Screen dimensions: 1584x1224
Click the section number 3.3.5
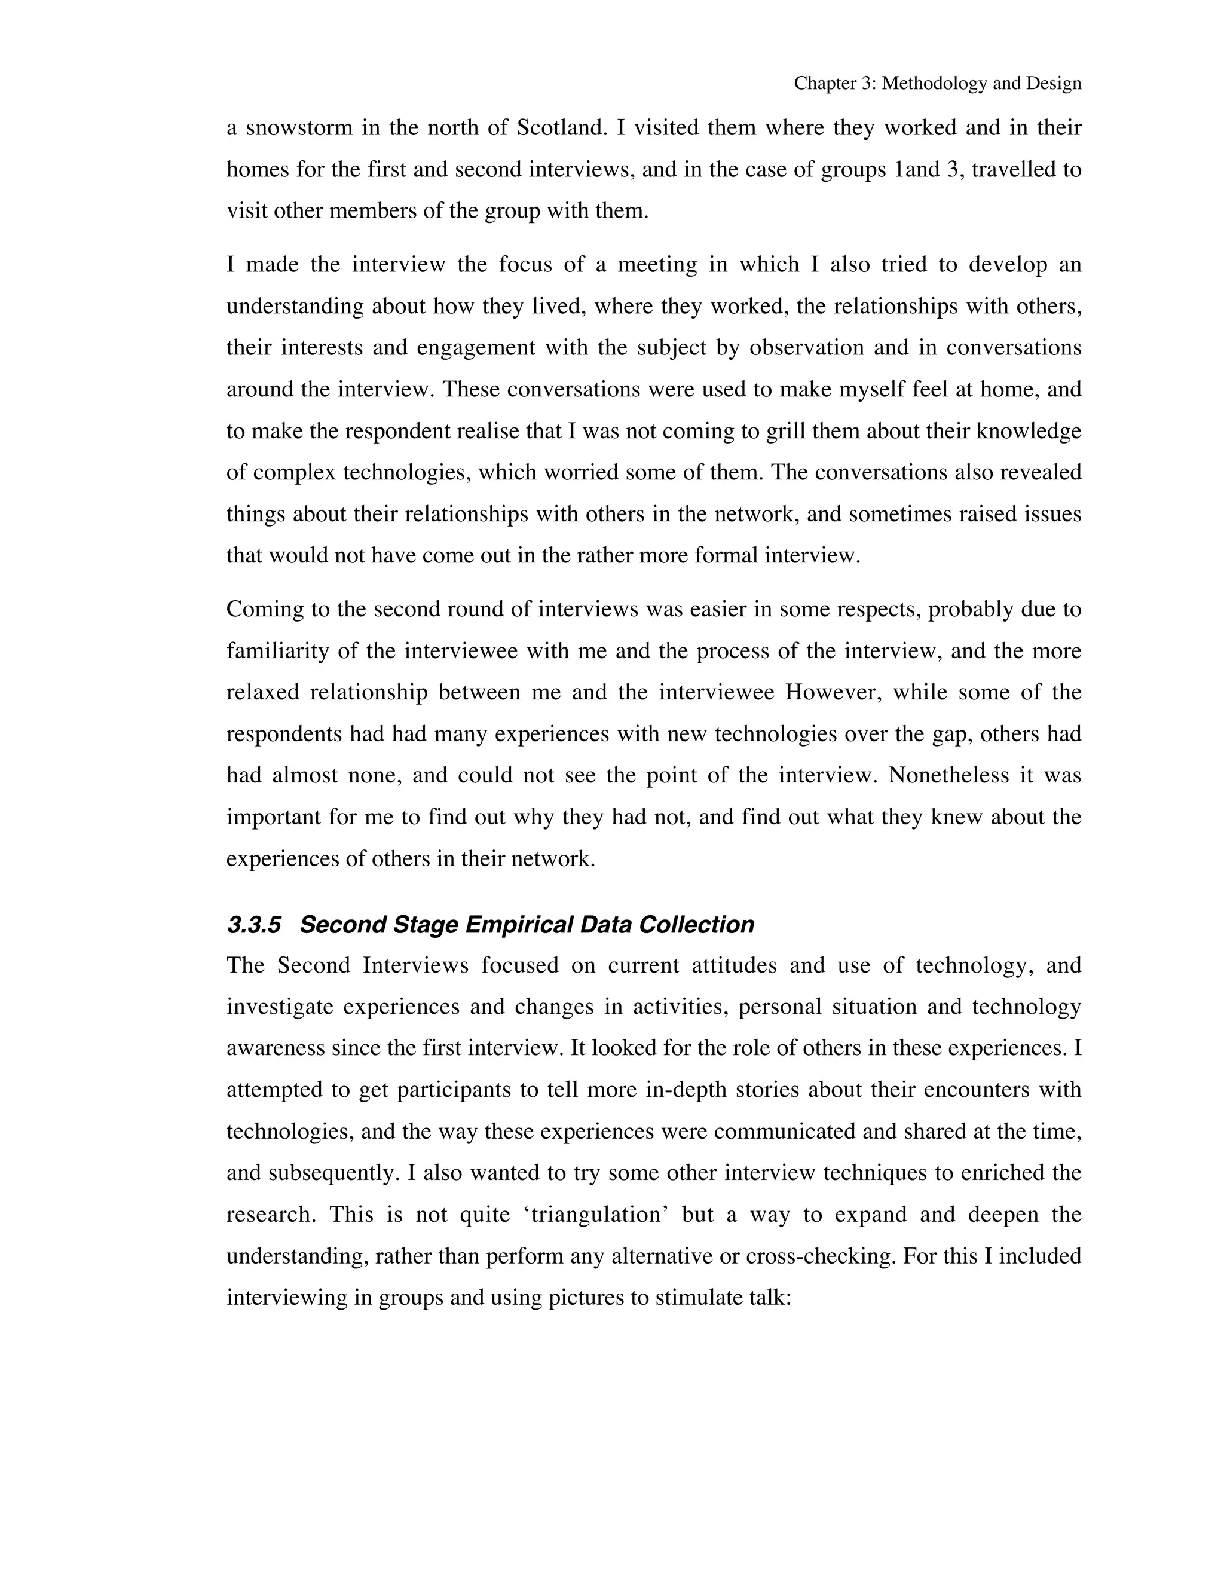[254, 925]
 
